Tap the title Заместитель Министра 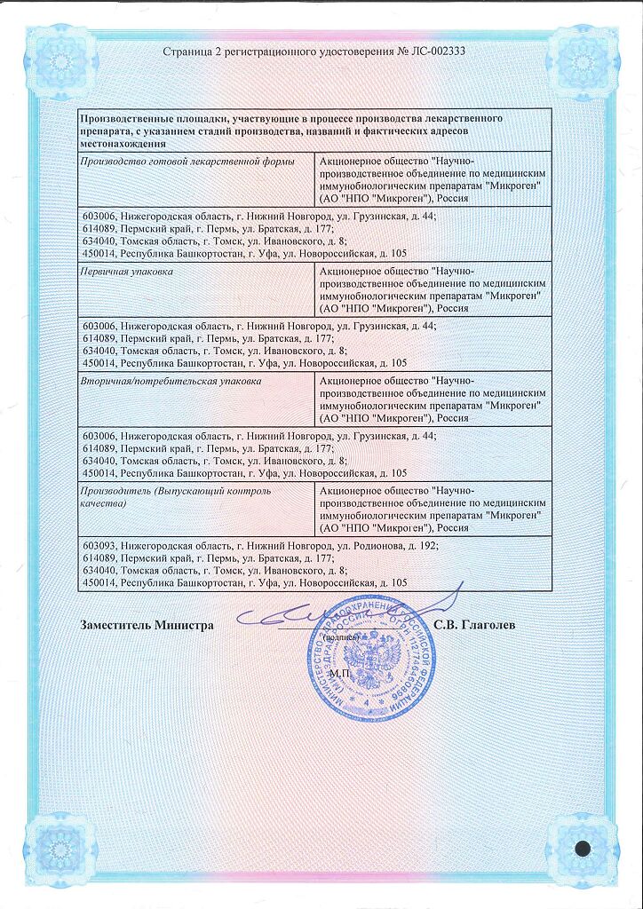pos(147,625)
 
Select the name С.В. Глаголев pos(475,625)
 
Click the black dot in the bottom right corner pos(583,848)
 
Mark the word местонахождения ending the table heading pos(123,143)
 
